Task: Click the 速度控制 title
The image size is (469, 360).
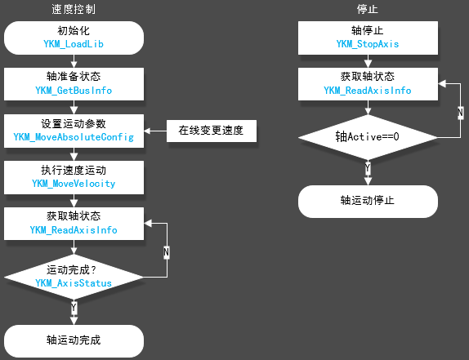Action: click(x=74, y=9)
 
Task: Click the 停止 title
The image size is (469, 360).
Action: click(x=368, y=9)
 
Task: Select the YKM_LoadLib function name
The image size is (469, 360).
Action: click(x=74, y=44)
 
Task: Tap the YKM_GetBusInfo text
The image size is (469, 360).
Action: click(x=74, y=91)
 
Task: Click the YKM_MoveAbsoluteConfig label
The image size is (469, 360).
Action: click(x=74, y=137)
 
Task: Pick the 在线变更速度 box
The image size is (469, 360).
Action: click(x=212, y=131)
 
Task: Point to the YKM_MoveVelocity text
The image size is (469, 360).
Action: click(x=74, y=184)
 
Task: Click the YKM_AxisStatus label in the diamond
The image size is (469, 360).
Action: click(x=74, y=283)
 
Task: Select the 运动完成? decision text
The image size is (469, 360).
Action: click(x=71, y=270)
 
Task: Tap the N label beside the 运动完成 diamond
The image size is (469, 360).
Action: click(x=167, y=252)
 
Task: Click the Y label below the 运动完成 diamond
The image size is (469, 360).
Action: click(x=74, y=308)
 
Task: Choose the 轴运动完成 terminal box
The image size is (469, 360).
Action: click(x=74, y=341)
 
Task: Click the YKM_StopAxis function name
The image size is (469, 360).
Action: click(x=368, y=44)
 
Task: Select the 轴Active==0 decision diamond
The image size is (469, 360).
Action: click(x=368, y=137)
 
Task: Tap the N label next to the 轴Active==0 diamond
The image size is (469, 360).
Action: click(x=461, y=113)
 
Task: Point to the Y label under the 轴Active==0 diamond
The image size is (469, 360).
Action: click(x=368, y=168)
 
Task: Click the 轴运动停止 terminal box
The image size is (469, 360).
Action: click(x=368, y=201)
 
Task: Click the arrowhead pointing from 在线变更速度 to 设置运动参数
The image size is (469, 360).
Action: click(x=147, y=131)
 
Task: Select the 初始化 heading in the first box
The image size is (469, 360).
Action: click(x=74, y=31)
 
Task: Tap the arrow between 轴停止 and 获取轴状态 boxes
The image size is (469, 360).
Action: click(x=368, y=61)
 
